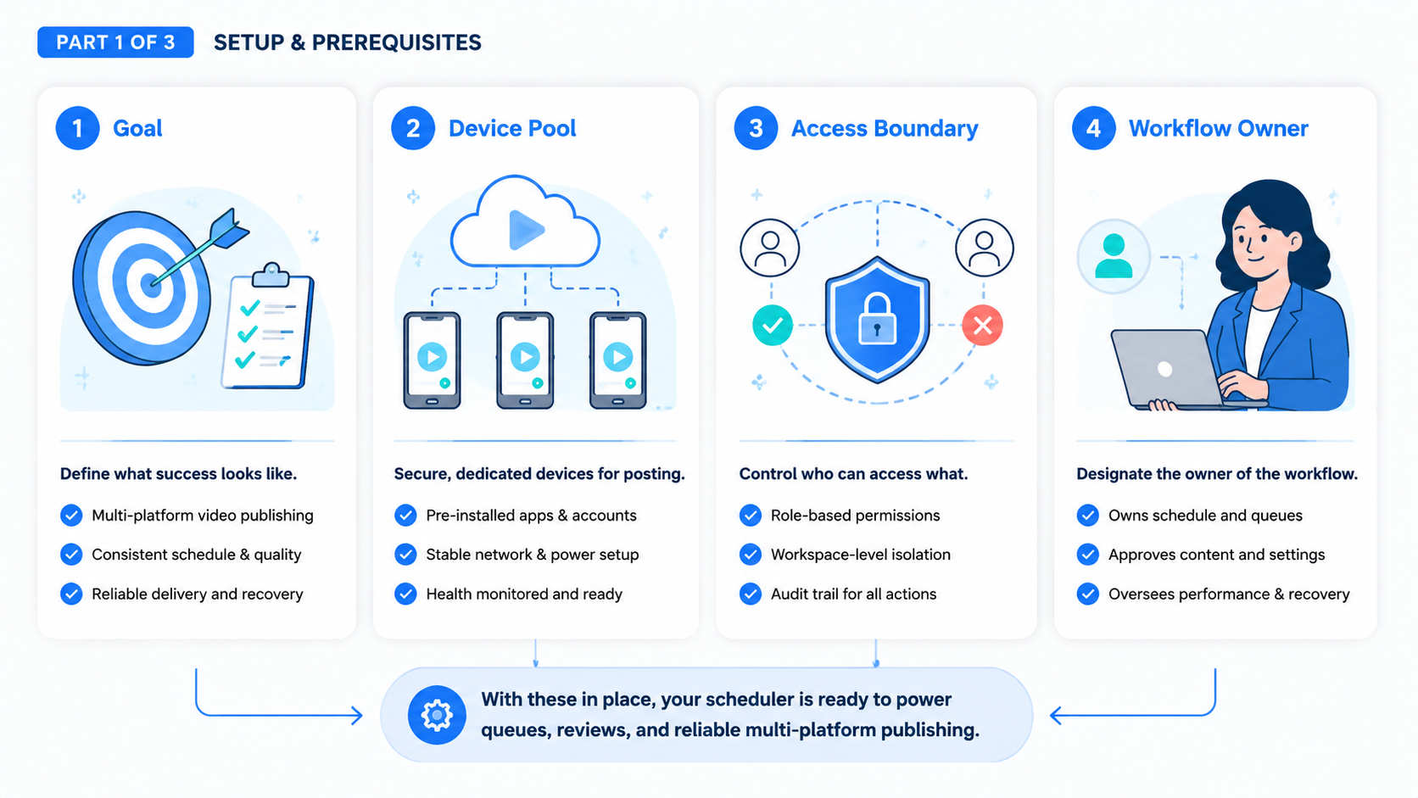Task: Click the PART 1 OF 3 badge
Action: (115, 42)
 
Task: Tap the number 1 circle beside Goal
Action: (77, 128)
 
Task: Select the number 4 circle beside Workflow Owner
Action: (1093, 128)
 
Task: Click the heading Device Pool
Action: (512, 128)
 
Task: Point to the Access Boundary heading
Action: (885, 128)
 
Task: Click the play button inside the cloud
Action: (526, 229)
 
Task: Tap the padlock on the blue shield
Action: (877, 319)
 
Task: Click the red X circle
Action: (982, 326)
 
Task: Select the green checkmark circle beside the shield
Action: (773, 326)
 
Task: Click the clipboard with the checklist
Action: (268, 326)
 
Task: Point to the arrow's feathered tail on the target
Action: (229, 229)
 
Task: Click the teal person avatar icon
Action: (1114, 255)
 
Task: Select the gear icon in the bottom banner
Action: (437, 715)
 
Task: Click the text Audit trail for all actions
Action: (853, 594)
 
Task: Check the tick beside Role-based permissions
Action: (751, 515)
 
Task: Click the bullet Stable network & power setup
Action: (533, 555)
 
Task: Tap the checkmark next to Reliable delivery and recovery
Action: (71, 594)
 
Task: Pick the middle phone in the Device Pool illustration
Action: (525, 360)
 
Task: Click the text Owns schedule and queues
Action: (1205, 515)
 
